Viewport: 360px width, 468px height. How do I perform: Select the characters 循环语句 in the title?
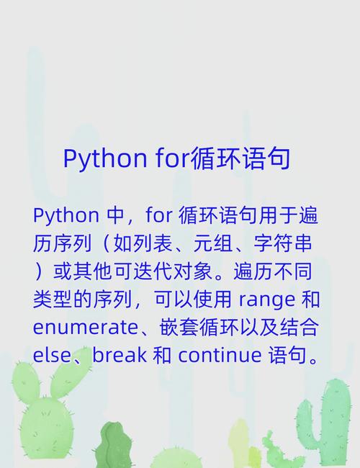click(x=240, y=158)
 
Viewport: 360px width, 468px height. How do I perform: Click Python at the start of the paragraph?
click(x=66, y=215)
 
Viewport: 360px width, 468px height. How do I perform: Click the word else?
click(x=50, y=355)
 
